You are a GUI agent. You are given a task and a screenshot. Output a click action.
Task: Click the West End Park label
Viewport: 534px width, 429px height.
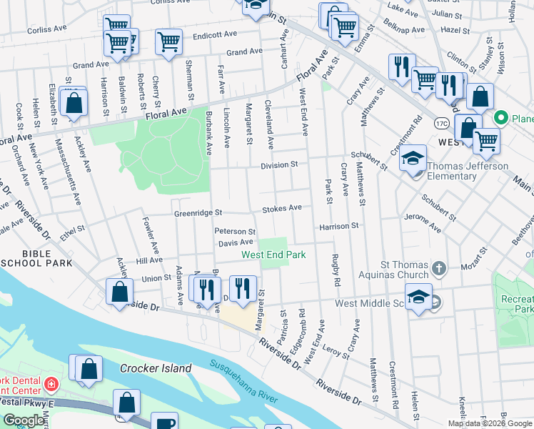point(273,255)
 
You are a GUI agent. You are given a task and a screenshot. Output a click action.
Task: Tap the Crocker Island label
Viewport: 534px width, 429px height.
point(156,368)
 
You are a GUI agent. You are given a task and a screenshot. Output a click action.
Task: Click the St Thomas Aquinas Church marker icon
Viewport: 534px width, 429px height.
point(439,269)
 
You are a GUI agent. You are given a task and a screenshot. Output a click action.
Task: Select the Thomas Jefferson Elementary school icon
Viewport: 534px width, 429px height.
point(413,159)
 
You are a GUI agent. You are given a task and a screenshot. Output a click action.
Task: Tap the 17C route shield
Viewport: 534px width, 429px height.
point(441,123)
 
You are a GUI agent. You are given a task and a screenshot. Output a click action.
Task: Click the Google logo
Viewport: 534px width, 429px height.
point(24,420)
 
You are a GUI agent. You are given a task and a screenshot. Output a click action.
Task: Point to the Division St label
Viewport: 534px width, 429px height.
point(278,164)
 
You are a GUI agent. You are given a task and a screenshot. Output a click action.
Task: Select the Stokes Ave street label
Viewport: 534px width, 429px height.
point(282,208)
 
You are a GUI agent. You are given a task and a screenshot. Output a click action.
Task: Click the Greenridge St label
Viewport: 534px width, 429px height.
point(199,213)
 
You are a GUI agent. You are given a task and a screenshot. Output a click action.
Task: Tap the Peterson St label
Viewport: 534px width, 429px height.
point(235,232)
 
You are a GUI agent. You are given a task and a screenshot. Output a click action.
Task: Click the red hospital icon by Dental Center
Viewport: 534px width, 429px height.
point(51,385)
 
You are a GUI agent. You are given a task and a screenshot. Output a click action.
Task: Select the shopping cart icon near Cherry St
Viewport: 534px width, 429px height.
point(168,43)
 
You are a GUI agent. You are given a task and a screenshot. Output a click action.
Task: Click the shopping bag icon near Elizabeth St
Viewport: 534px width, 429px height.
point(74,103)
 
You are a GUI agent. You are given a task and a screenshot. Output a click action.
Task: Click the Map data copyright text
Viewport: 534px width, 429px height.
point(489,423)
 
